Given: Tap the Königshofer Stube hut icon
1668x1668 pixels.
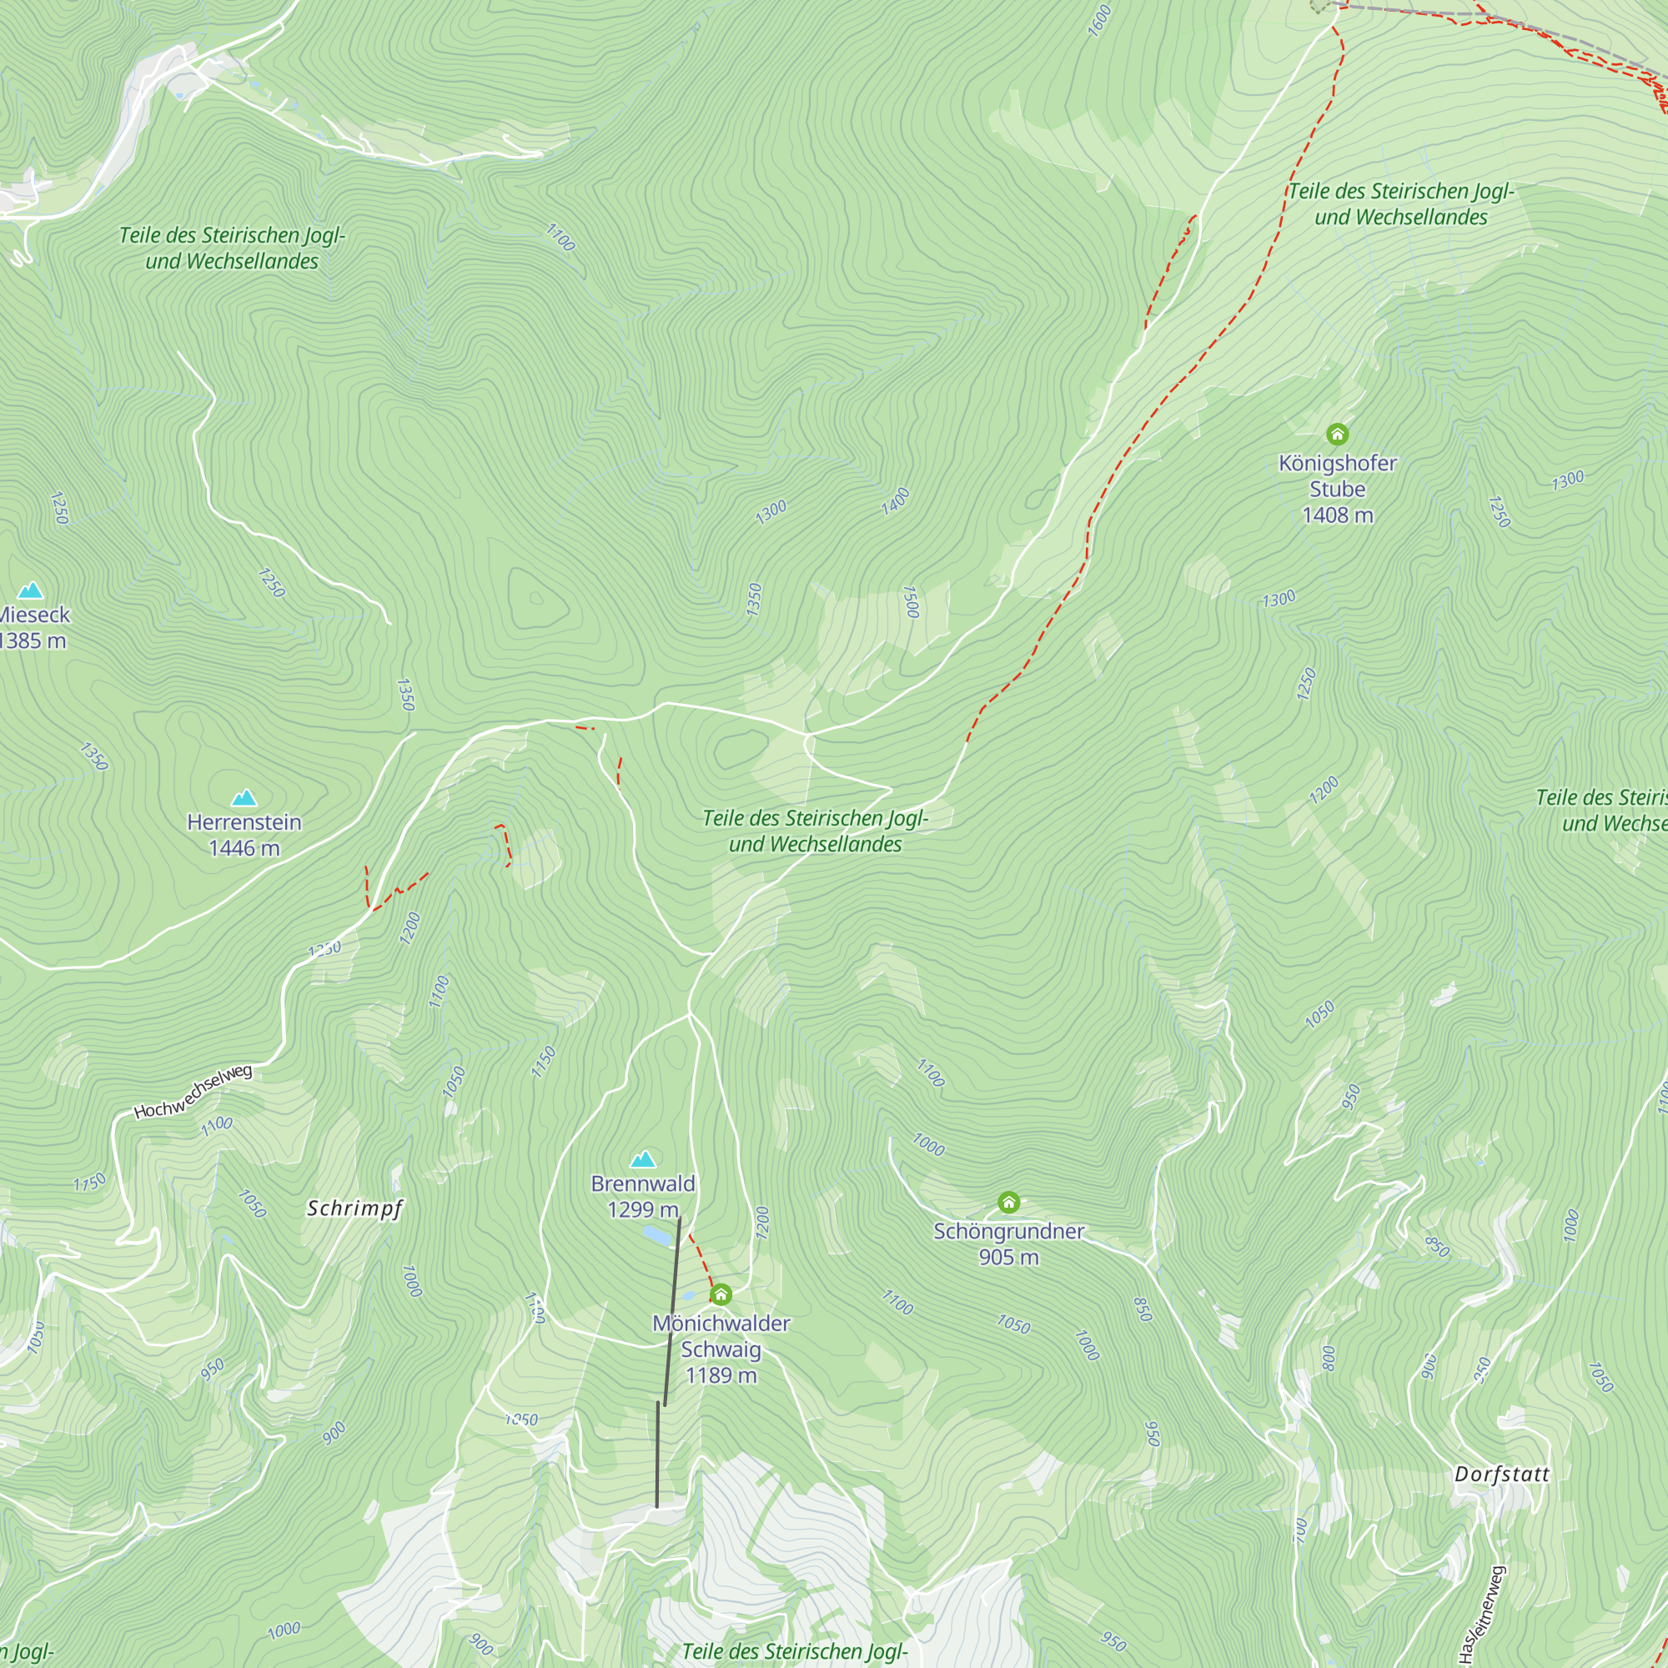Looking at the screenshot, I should tap(1338, 435).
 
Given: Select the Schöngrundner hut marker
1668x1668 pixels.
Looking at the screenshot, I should tap(1008, 1202).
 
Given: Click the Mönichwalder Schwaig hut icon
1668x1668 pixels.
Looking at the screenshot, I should tap(721, 1294).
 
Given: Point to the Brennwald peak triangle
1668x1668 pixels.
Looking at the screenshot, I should tap(643, 1158).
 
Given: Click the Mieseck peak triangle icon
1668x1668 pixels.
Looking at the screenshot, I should tap(31, 590).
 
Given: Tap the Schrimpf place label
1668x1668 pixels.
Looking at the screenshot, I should tap(354, 1208).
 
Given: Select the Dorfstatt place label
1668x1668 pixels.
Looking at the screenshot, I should tap(1502, 1475).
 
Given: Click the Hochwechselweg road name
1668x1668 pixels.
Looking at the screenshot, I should tap(193, 1093).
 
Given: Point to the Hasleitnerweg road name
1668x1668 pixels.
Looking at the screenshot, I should tap(1482, 1614).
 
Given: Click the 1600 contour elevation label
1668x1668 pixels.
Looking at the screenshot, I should tap(1099, 21).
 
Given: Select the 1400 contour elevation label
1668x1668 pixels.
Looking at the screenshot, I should tap(895, 501).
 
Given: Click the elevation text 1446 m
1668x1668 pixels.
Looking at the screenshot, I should tap(244, 848).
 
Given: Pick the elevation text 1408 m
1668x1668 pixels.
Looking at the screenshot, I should tap(1338, 515).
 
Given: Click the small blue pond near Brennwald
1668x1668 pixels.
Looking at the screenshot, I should tap(658, 1237).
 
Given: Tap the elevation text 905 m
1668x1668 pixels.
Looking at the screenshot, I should tap(1008, 1257).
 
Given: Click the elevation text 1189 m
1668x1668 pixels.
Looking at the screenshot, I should tap(721, 1375).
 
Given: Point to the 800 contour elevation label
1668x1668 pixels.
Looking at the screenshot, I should tap(1329, 1358).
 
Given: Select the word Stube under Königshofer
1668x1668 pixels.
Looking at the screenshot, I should tap(1338, 490).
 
